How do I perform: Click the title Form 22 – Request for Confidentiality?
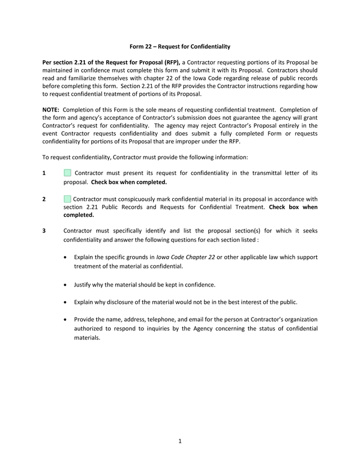tap(180, 46)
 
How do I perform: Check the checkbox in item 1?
tap(67, 173)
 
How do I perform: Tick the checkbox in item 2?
tap(67, 199)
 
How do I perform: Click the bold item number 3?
tap(44, 231)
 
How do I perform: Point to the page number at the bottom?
tap(179, 441)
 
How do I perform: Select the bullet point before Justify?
tap(67, 285)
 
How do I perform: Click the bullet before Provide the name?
tap(67, 320)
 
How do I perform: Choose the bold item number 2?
tap(44, 199)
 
